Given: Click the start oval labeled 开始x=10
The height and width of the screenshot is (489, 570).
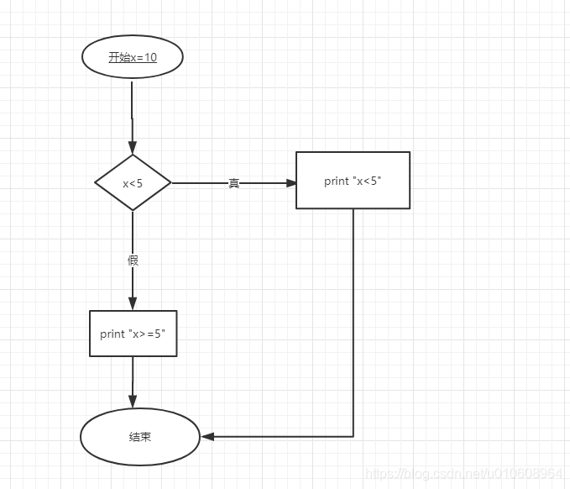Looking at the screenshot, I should [x=132, y=57].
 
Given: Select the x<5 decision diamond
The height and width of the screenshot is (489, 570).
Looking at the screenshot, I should [x=133, y=182].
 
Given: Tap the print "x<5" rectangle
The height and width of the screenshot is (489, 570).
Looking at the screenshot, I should [x=353, y=180].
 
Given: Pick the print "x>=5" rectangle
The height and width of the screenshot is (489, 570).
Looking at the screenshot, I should [x=133, y=334].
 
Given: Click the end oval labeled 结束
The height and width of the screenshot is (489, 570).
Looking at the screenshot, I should [x=140, y=437].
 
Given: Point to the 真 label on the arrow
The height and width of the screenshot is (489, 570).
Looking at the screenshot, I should [x=234, y=183].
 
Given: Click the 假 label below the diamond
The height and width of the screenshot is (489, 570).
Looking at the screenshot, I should [x=133, y=260].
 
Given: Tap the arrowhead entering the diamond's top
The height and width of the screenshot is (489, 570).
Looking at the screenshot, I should [x=133, y=148].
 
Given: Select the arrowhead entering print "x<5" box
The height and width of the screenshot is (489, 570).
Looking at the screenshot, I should [x=290, y=182].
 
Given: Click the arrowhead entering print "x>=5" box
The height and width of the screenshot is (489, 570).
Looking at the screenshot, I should [x=133, y=304].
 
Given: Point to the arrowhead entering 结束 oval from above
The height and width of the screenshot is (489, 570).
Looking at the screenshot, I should [x=133, y=403].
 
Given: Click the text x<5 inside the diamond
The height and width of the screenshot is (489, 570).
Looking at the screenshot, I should [x=133, y=183].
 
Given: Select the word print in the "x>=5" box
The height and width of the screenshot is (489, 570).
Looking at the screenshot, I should [x=112, y=334].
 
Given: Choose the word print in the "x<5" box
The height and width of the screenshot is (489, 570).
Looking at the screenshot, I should [x=336, y=181].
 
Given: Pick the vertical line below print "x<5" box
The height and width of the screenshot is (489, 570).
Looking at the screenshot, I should [x=353, y=319].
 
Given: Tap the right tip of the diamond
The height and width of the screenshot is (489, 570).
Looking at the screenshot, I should [x=170, y=182].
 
